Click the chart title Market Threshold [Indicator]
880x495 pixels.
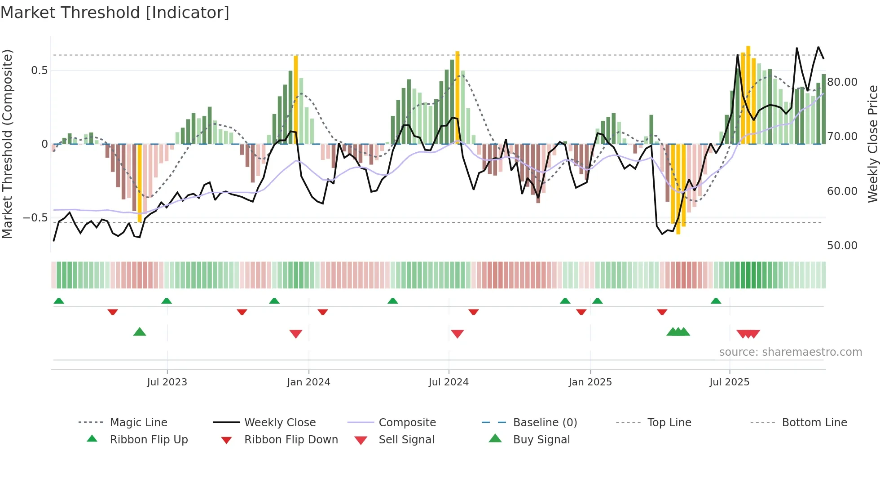click(x=115, y=13)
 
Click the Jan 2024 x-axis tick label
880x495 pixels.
click(x=308, y=382)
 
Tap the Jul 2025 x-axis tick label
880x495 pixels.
click(x=729, y=382)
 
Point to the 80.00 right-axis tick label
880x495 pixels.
click(x=842, y=82)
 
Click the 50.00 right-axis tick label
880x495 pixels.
click(x=842, y=246)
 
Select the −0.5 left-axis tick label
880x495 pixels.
click(x=35, y=218)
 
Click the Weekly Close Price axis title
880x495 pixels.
click(x=872, y=144)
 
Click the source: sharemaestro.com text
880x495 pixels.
click(x=790, y=352)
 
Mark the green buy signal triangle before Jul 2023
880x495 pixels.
click(x=140, y=332)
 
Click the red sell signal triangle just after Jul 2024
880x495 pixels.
click(x=457, y=334)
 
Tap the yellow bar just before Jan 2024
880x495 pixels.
click(x=296, y=99)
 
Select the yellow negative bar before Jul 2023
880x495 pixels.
click(x=140, y=183)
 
